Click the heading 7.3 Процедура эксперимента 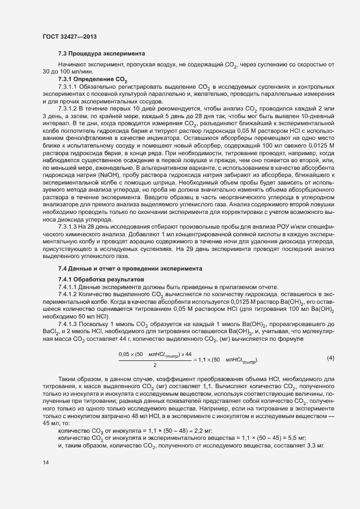tap(101, 53)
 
